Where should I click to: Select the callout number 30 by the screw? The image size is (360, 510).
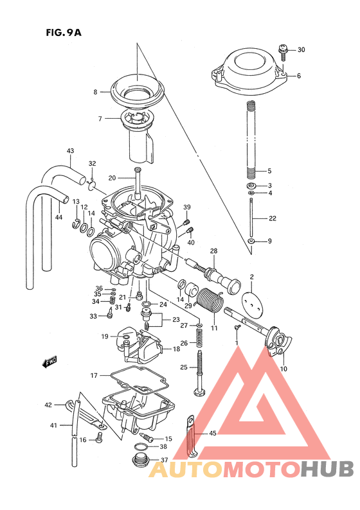coord(301,49)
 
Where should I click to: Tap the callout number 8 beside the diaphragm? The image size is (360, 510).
coord(95,92)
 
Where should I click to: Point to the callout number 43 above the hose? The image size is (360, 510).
coord(70,152)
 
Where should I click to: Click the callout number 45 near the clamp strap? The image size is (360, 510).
coord(213,434)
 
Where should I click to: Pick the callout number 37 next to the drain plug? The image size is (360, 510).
coord(163,460)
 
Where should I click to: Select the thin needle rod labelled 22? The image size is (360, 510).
coord(252,218)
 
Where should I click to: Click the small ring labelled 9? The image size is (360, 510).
coord(251,242)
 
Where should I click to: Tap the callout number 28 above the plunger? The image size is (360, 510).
coord(213,251)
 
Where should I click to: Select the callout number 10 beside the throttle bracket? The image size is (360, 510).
coord(283,369)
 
